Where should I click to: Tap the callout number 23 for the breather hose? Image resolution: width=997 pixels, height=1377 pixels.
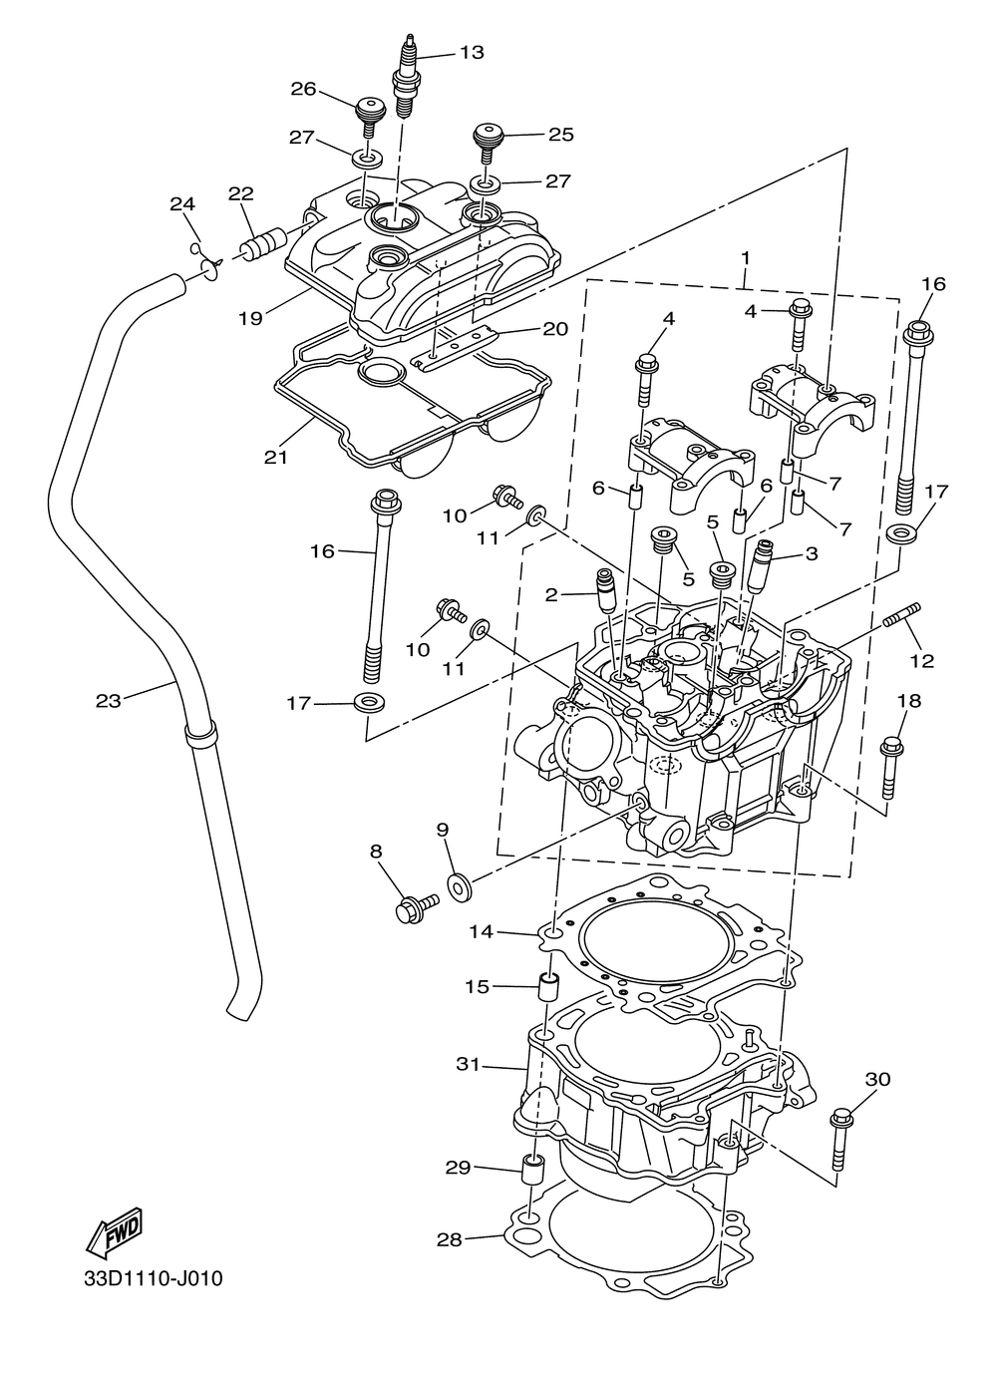coord(109,700)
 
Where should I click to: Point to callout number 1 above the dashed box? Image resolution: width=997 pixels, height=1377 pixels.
coord(745,259)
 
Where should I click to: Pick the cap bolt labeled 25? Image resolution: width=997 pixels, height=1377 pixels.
coord(487,143)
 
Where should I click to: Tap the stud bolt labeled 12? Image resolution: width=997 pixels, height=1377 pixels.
coord(903,624)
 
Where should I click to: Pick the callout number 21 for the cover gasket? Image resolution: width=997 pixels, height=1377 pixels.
coord(276,458)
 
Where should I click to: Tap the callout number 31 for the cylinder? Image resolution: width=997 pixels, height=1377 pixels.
coord(468,1064)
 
